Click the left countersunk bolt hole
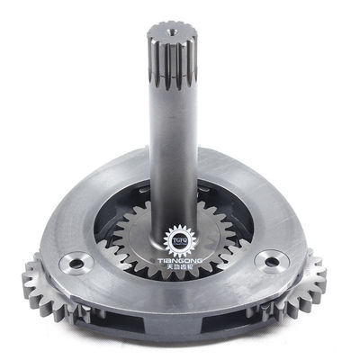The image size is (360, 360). (x=72, y=264)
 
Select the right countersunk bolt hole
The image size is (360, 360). (x=267, y=262)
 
